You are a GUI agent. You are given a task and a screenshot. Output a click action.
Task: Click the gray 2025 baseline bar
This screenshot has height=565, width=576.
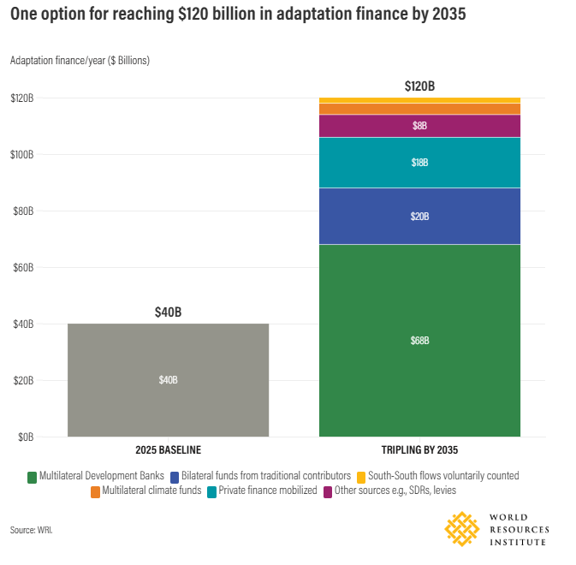[x=169, y=380]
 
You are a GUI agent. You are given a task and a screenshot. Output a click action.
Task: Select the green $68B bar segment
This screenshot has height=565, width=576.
[x=419, y=341]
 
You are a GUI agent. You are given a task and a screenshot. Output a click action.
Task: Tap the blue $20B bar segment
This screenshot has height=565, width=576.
[x=419, y=216]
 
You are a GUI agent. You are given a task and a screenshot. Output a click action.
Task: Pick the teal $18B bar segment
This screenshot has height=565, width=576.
[x=419, y=163]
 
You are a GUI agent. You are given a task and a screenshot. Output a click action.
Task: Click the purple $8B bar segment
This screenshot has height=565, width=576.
[x=419, y=126]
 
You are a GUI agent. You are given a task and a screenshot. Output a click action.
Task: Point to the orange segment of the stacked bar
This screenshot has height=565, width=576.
[x=419, y=109]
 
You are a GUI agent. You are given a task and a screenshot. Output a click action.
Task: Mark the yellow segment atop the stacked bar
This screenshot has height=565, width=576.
[x=419, y=100]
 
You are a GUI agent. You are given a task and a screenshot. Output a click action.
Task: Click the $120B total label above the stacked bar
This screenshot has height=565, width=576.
[x=419, y=86]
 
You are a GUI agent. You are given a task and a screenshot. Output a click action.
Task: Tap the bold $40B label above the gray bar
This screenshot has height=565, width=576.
[x=169, y=312]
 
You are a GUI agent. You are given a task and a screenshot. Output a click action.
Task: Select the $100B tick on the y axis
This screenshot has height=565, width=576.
[x=22, y=155]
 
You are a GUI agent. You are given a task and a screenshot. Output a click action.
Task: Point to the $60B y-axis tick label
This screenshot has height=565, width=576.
[x=23, y=267]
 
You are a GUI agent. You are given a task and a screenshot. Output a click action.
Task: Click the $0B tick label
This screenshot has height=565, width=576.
[x=26, y=437]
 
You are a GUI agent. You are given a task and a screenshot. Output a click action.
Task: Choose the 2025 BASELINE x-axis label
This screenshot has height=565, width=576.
[x=169, y=450]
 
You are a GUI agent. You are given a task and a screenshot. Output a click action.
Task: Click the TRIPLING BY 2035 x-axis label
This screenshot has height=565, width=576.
[x=419, y=450]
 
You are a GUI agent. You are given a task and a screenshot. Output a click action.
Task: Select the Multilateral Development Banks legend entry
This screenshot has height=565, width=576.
[x=96, y=476]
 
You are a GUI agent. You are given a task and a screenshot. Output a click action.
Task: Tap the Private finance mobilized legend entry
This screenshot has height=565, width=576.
[x=262, y=491]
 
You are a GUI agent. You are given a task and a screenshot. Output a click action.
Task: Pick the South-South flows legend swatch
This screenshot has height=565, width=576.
[x=361, y=478]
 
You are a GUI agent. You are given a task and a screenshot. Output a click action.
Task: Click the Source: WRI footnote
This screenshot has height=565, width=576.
[x=31, y=530]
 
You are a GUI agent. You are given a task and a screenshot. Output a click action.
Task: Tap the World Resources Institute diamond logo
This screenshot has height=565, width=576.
[x=462, y=529]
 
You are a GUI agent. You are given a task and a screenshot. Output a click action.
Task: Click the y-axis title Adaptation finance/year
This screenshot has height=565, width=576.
[x=80, y=61]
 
